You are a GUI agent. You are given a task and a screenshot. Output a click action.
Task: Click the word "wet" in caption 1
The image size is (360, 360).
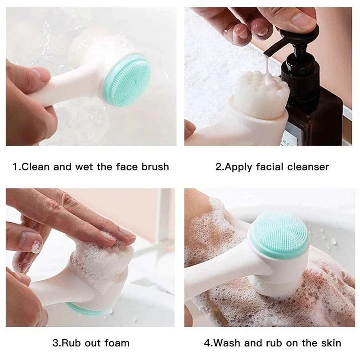(84, 167)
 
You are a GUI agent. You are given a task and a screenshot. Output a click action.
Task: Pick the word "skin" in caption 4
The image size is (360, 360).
(330, 343)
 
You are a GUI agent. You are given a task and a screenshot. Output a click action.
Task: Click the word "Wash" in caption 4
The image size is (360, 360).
(228, 343)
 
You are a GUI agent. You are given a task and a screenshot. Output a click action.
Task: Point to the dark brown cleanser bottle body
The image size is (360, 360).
(315, 117)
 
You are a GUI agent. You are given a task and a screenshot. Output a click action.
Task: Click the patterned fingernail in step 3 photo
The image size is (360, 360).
(36, 247)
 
